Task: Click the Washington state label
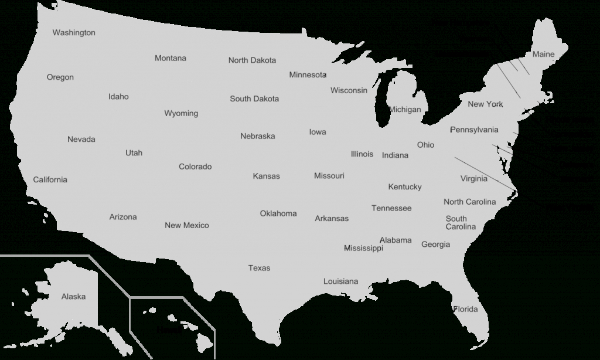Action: click(74, 33)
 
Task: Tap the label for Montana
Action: click(171, 58)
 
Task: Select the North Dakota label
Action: click(252, 60)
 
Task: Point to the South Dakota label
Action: click(254, 99)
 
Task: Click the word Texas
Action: click(259, 268)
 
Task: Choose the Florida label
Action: click(466, 309)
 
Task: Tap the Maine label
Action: click(543, 55)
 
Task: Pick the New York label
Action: click(485, 104)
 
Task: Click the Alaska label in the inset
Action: click(73, 297)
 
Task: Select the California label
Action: click(50, 180)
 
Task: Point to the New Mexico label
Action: click(186, 226)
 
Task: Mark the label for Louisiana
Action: click(340, 281)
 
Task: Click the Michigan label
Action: click(405, 110)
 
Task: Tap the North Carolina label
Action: click(469, 202)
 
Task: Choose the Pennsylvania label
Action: click(474, 130)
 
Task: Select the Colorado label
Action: click(195, 167)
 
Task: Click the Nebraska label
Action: click(257, 137)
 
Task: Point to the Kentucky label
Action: click(404, 187)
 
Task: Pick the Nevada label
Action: click(81, 140)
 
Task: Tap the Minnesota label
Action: click(308, 75)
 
